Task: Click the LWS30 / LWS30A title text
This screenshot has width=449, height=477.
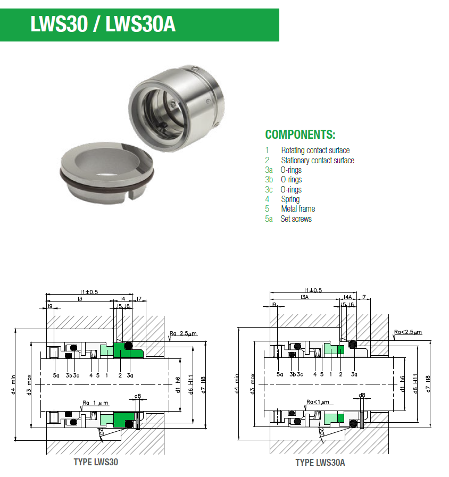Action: click(103, 24)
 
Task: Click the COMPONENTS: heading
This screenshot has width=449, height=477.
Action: click(300, 134)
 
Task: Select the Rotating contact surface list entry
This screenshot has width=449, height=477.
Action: click(315, 150)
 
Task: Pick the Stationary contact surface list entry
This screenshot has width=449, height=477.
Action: click(317, 160)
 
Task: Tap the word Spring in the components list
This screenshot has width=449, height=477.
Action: click(290, 199)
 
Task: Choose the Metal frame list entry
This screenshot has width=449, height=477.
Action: click(298, 208)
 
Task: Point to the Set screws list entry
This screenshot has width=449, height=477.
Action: click(296, 219)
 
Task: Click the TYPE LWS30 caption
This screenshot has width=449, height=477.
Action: click(96, 462)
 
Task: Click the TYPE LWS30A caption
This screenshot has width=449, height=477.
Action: click(320, 463)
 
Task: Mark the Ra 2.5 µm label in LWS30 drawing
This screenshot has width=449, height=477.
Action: click(183, 333)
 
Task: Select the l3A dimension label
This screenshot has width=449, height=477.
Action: click(304, 297)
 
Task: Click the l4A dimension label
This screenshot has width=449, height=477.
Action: click(348, 297)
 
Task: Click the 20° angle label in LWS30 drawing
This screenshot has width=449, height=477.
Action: click(101, 433)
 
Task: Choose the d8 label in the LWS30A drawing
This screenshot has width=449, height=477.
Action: click(362, 395)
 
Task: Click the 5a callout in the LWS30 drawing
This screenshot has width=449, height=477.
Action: click(56, 375)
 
